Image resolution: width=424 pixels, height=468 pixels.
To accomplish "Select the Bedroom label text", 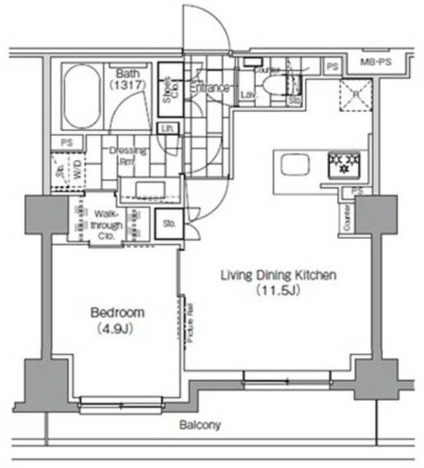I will pyautogui.click(x=117, y=312).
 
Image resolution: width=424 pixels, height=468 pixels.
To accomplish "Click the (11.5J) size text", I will pyautogui.click(x=279, y=290).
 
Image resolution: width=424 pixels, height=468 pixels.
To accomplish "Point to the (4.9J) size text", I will pyautogui.click(x=117, y=328).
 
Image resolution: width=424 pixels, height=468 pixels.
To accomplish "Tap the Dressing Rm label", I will pyautogui.click(x=127, y=156).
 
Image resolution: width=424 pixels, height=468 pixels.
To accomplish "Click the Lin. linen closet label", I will pyautogui.click(x=167, y=129).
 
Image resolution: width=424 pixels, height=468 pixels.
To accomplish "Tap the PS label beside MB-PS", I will pyautogui.click(x=333, y=67).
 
